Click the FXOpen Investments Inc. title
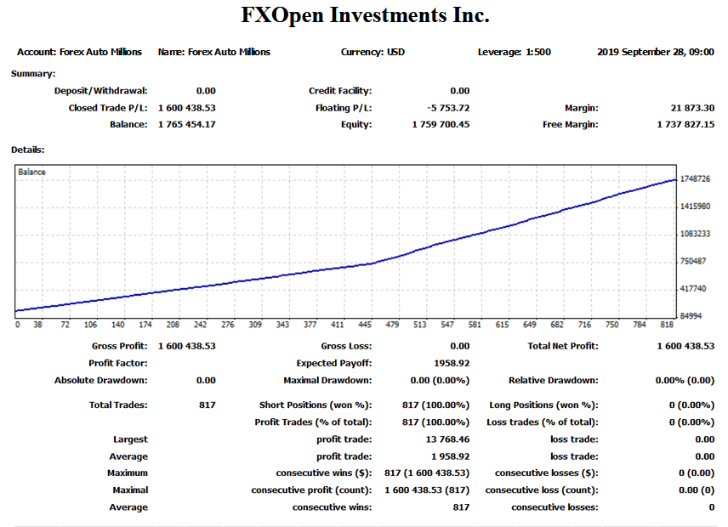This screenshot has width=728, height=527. pos(365,15)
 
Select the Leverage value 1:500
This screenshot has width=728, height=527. pos(537,52)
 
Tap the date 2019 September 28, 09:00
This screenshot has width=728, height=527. pos(655,52)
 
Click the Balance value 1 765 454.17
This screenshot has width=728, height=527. pos(186,124)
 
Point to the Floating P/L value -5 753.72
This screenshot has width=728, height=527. pos(448,108)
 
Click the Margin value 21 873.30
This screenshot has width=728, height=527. pos(692,108)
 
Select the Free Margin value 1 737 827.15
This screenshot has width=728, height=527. pos(685,124)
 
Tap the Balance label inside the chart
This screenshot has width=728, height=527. pos(32,172)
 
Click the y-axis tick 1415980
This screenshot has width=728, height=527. pos(695,207)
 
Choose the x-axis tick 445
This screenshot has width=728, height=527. pos(365,325)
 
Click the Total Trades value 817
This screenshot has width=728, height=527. pos(207,405)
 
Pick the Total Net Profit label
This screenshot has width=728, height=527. pos(562,346)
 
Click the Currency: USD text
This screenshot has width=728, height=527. pos(373,52)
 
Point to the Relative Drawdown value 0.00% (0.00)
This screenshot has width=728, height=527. pos(684,380)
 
